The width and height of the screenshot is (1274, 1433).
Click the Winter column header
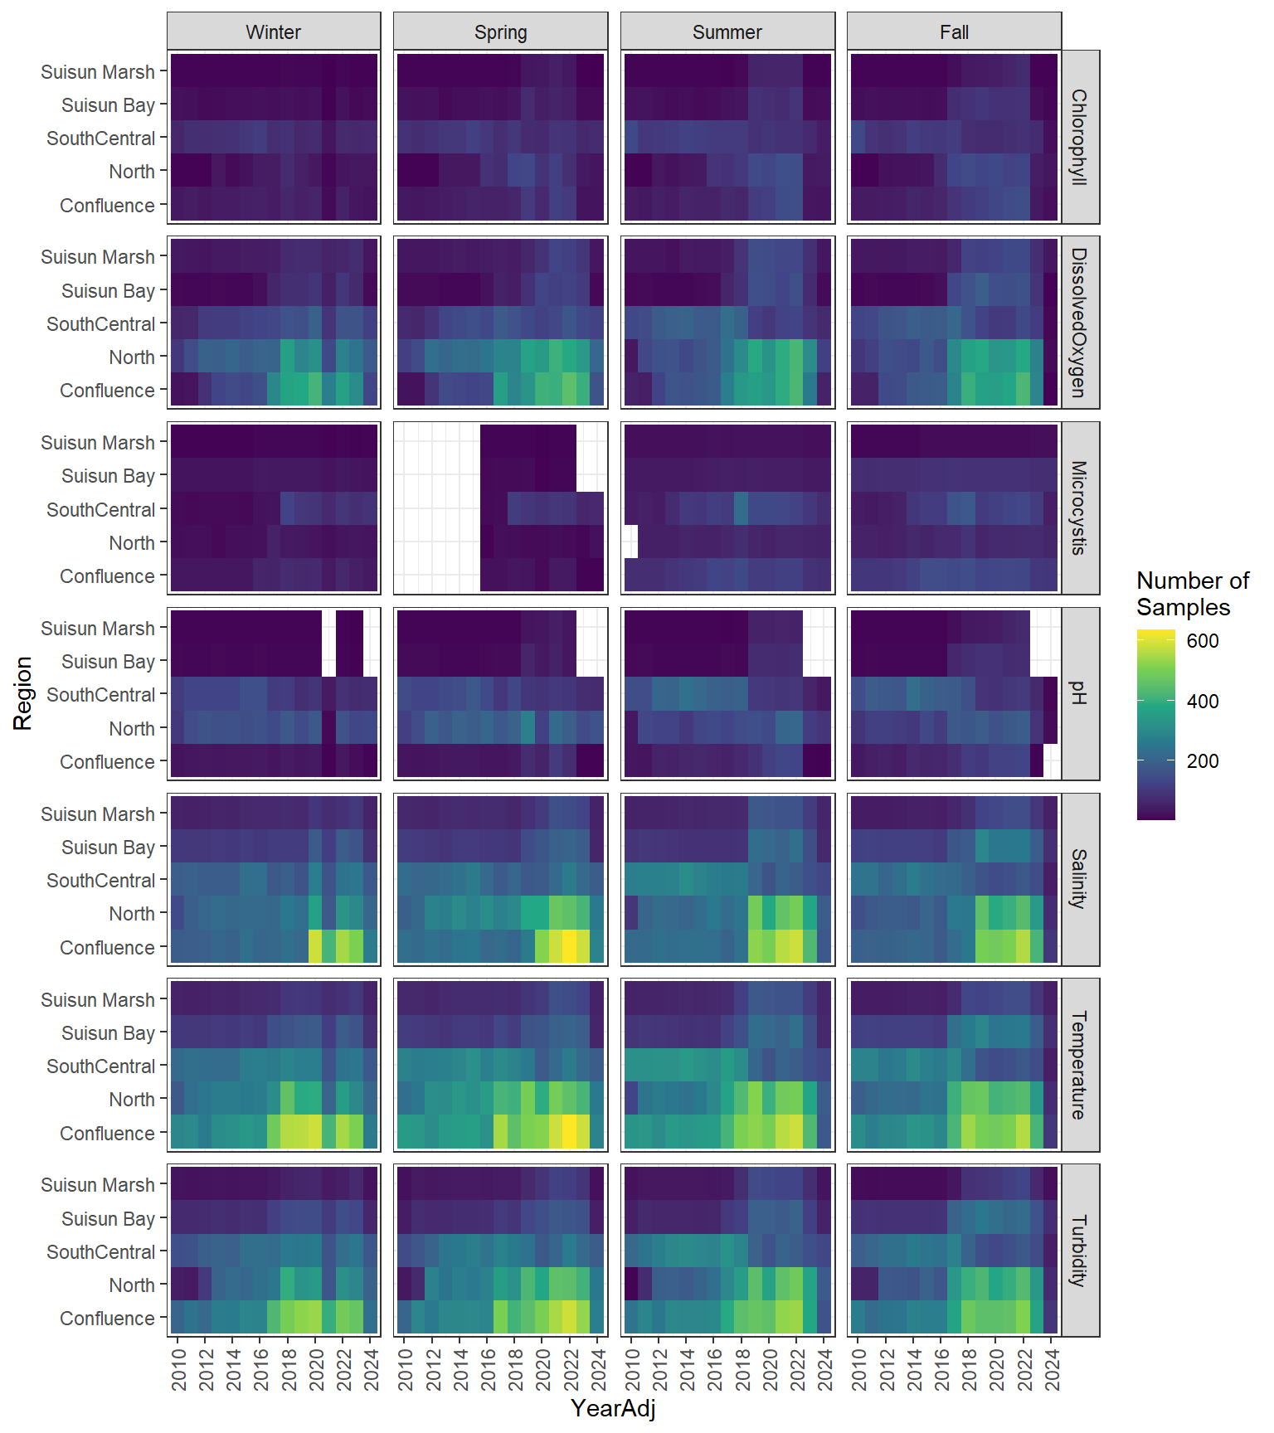274,32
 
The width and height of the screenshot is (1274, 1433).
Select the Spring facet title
500,32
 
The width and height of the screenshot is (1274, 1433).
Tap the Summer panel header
727,32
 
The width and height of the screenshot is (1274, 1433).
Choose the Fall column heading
954,32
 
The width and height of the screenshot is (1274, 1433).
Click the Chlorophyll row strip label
1079,137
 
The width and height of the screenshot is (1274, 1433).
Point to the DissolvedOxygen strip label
1079,323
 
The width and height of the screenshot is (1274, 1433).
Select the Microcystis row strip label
1079,508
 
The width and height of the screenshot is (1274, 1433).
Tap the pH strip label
1079,694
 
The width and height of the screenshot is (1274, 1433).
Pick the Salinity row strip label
1079,879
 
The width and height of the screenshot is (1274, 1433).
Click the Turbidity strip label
1079,1251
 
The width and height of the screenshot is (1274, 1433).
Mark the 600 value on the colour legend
1203,641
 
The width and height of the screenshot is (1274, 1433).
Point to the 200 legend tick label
1203,761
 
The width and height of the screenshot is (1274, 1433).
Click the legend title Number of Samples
1192,594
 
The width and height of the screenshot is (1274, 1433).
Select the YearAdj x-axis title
613,1407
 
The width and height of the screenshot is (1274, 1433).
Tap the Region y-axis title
22,693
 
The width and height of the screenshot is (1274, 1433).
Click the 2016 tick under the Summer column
715,1369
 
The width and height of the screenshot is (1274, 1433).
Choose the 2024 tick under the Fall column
1053,1369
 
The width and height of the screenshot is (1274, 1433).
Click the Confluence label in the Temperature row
107,1134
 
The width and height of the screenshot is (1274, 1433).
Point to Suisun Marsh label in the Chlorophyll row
98,72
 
